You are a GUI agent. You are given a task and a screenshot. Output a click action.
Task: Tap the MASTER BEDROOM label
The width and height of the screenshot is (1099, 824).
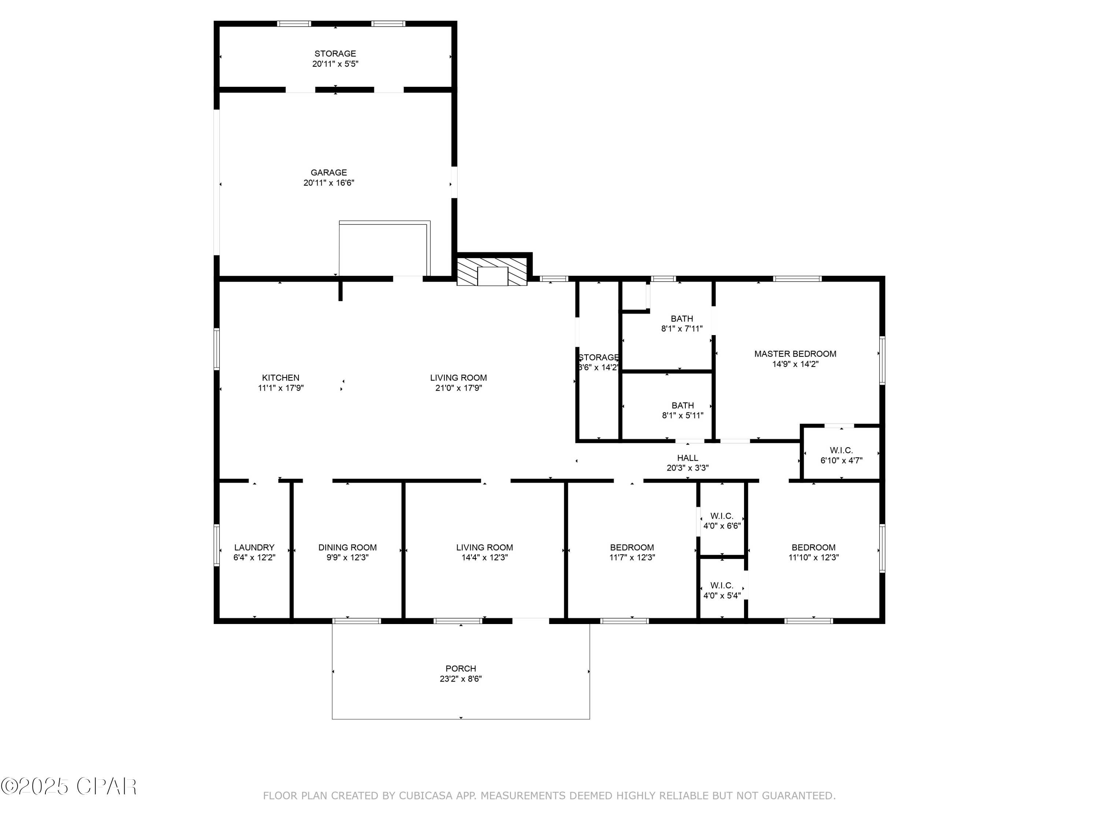pos(795,354)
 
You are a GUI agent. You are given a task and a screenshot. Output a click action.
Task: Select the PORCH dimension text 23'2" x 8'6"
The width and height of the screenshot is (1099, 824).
pos(460,679)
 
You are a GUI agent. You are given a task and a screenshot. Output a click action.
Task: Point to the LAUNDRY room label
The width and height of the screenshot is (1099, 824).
pos(254,548)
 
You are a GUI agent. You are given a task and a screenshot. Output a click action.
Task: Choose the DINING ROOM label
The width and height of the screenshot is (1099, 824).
pos(347,548)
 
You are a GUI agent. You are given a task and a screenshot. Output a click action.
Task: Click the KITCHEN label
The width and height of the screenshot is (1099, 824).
pos(281,378)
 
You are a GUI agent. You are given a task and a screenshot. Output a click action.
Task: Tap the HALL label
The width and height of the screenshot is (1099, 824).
pos(687,457)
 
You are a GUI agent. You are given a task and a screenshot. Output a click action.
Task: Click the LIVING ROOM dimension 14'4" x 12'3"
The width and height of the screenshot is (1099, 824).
pos(484,558)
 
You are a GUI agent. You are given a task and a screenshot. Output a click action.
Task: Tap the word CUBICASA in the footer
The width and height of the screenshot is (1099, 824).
pos(425,796)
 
